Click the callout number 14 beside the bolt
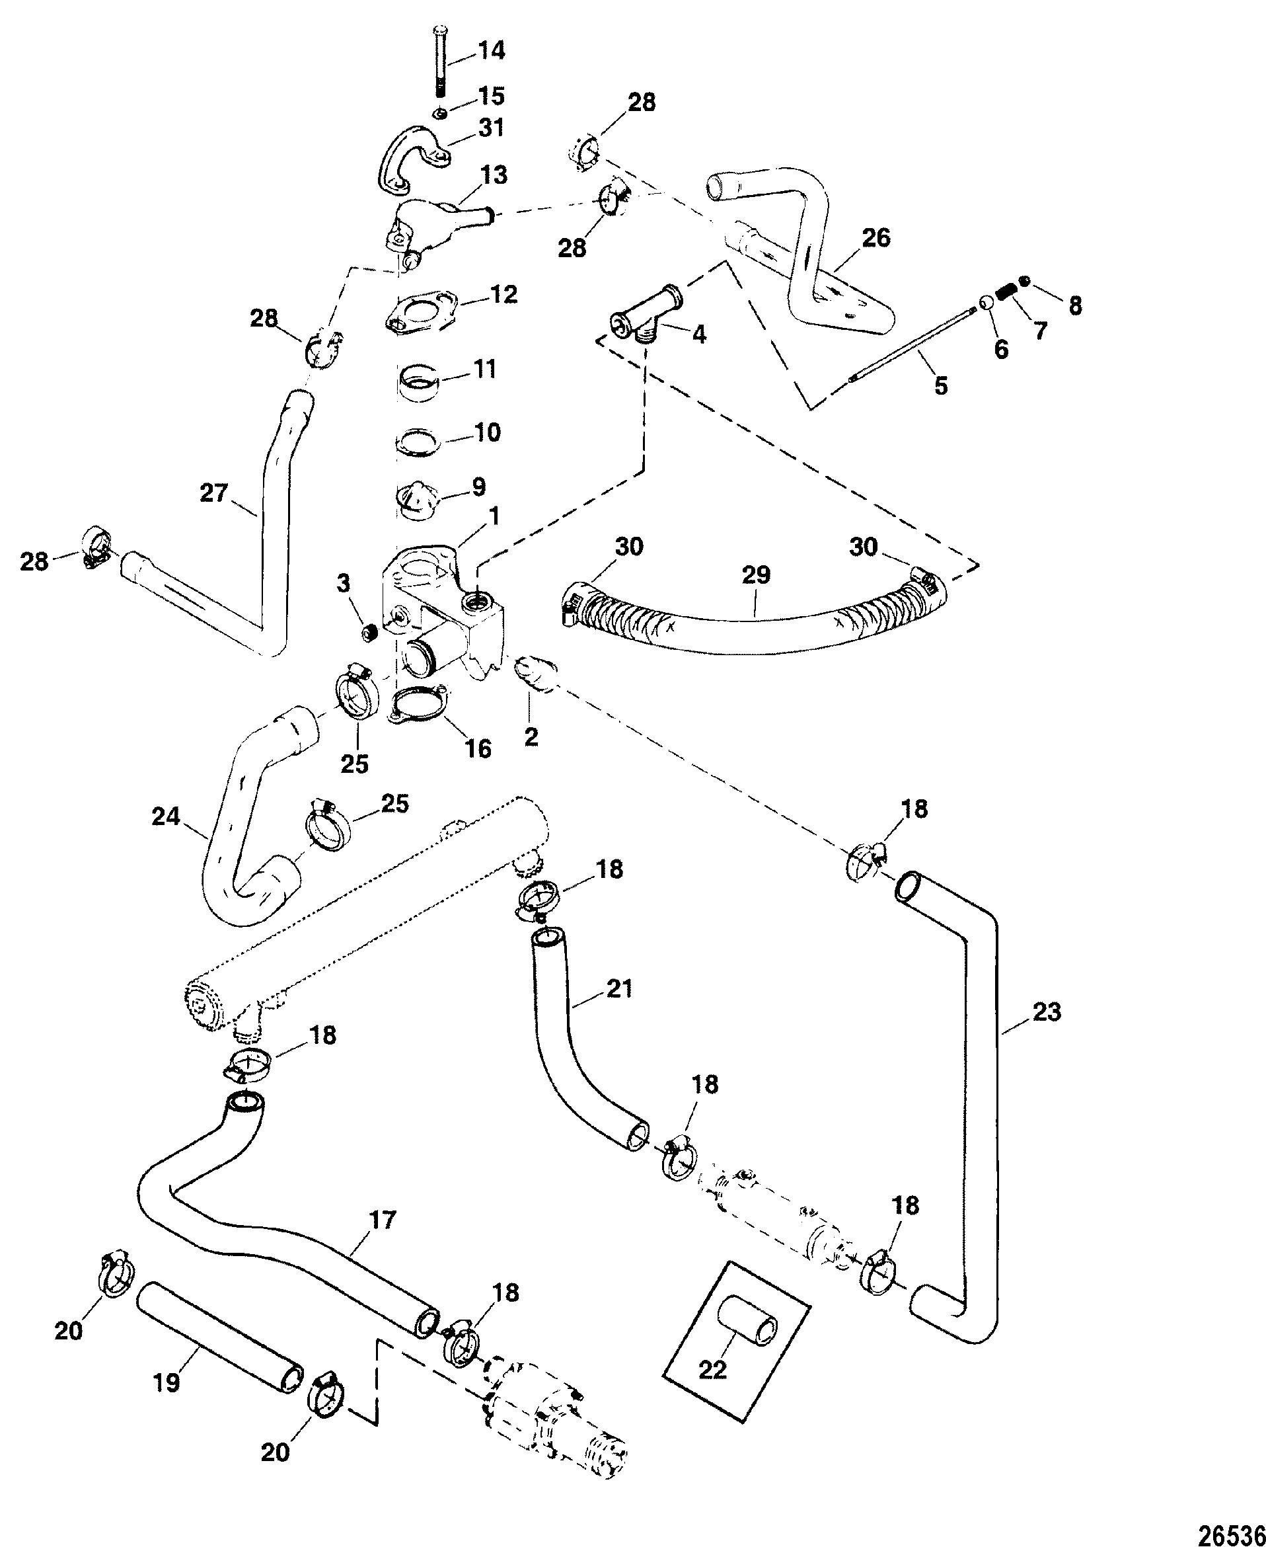[491, 51]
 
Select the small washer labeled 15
[440, 113]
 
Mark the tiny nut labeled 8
[1025, 281]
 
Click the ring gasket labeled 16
[418, 707]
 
